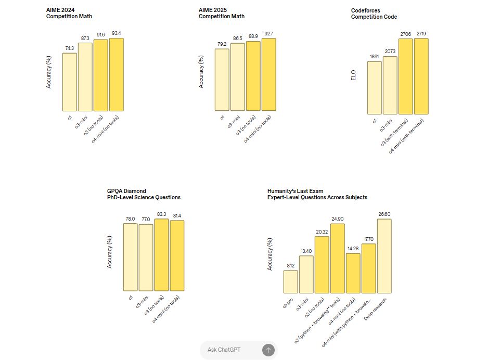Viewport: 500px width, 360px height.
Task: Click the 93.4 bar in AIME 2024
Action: (116, 74)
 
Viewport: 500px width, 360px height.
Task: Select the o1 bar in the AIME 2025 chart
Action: (222, 80)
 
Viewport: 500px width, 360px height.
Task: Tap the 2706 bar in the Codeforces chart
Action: (406, 76)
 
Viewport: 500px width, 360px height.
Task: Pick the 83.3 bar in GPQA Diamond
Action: (162, 255)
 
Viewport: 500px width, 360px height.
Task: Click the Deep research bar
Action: (384, 256)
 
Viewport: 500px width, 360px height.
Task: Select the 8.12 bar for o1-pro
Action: (291, 281)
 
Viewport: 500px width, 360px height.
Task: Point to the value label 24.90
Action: (337, 219)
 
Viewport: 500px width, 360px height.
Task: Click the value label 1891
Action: (374, 57)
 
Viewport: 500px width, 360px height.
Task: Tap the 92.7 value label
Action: (268, 34)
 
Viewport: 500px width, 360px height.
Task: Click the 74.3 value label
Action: (69, 48)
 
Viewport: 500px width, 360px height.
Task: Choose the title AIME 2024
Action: (61, 10)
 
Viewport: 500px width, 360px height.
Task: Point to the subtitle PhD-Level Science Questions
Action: (144, 197)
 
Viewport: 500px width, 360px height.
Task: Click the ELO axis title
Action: (354, 75)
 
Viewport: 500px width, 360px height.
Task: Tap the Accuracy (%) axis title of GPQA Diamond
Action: (110, 252)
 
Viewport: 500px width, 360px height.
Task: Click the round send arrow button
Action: (268, 350)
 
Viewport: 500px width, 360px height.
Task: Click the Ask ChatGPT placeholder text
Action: (224, 350)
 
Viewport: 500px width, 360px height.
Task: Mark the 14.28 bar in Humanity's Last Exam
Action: (353, 273)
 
